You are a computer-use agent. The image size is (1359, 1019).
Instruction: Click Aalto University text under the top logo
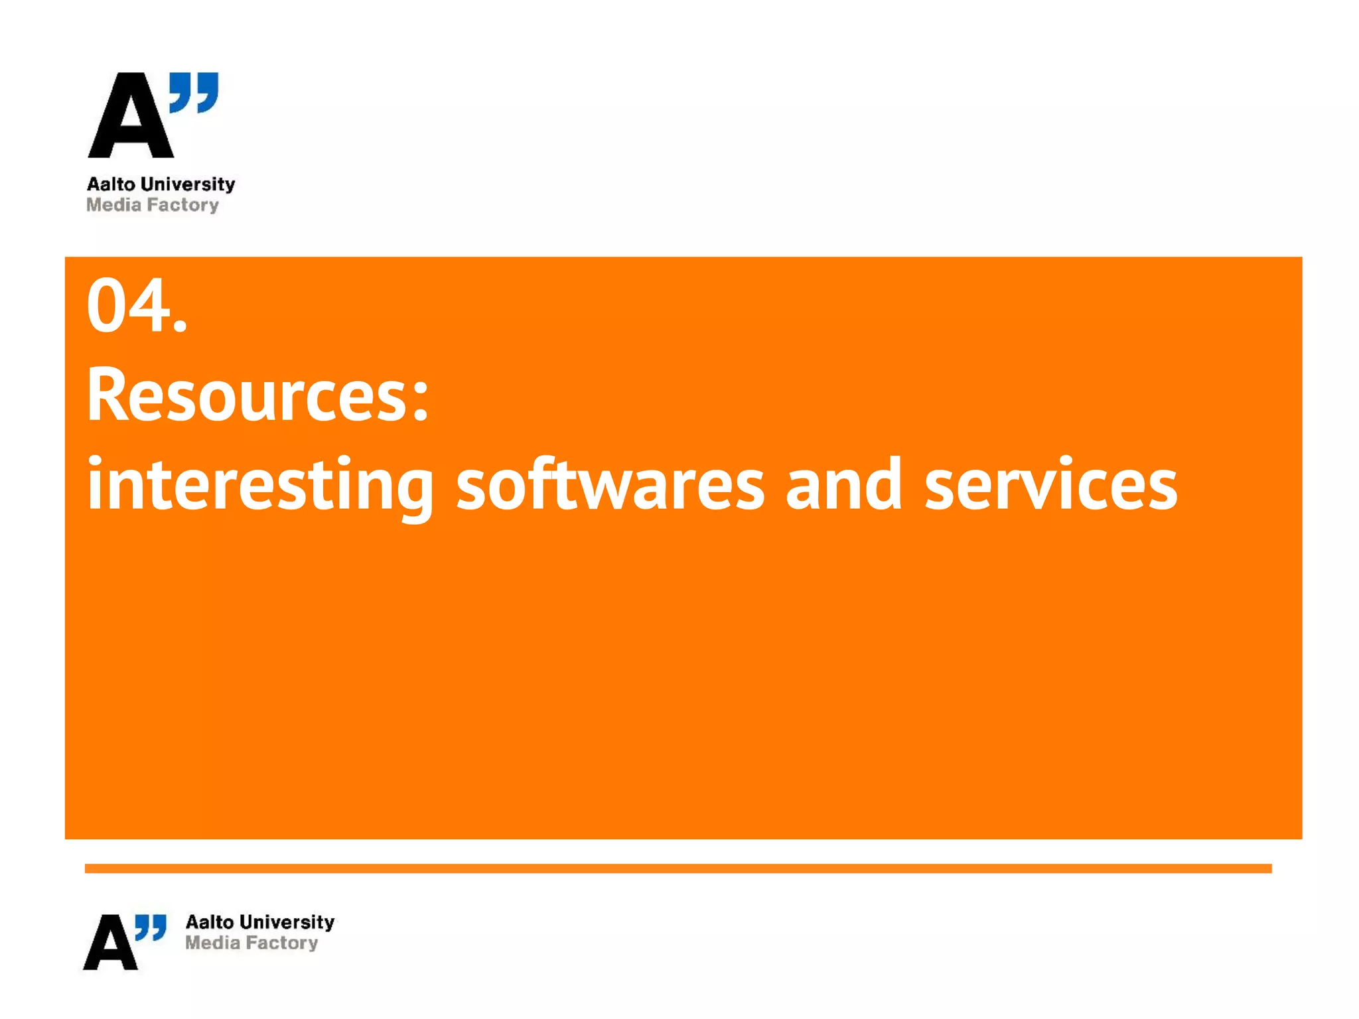161,184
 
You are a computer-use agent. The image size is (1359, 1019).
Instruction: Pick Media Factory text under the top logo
153,205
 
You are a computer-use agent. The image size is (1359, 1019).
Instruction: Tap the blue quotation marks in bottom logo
151,927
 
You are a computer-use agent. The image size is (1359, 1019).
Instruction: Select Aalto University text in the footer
260,922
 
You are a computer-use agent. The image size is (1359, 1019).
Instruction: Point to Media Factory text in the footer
251,943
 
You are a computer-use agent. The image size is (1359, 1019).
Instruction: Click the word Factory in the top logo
183,205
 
